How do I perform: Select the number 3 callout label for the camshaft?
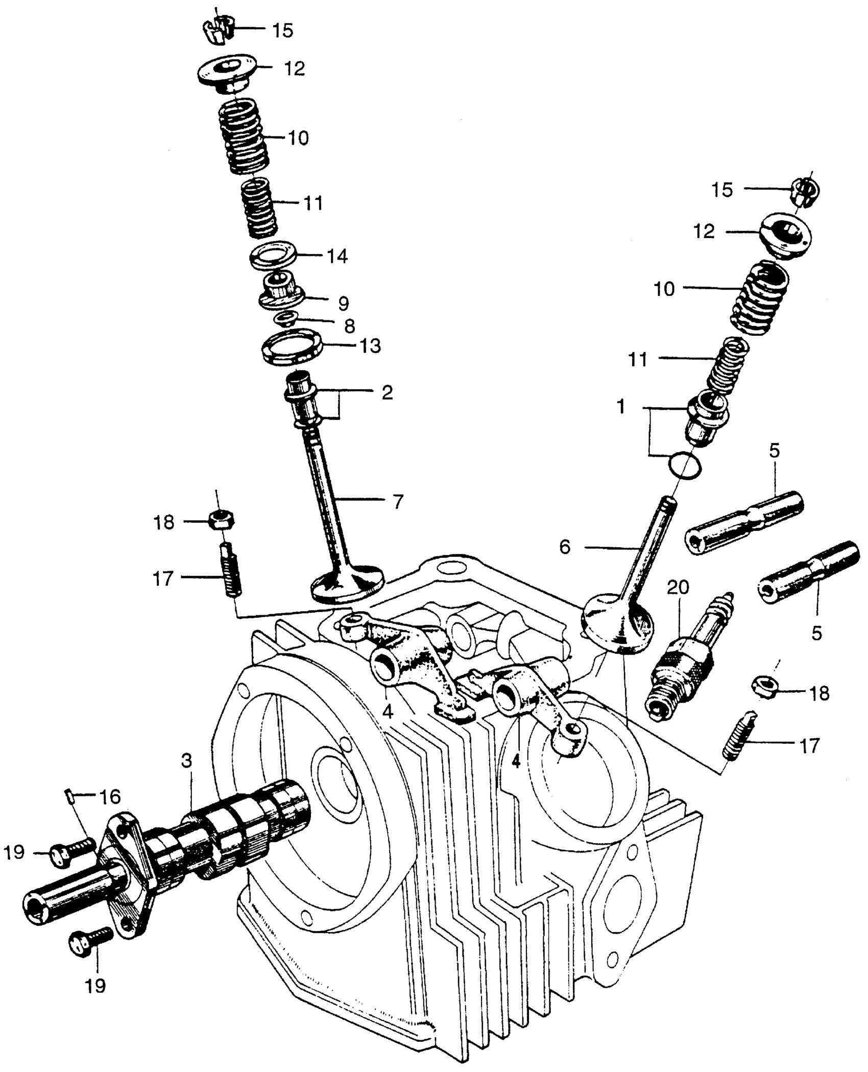pyautogui.click(x=186, y=761)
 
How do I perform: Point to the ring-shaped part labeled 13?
pyautogui.click(x=291, y=347)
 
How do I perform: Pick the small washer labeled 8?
pyautogui.click(x=284, y=319)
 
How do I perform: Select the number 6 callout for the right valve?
pyautogui.click(x=565, y=547)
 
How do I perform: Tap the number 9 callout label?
pyautogui.click(x=343, y=304)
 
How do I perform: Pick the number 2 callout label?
pyautogui.click(x=387, y=392)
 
